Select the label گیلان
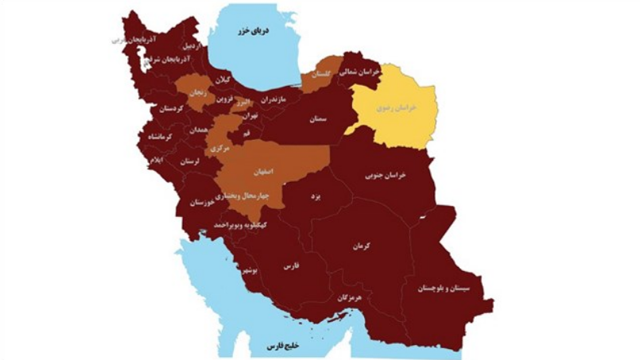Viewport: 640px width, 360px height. coord(223,80)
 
